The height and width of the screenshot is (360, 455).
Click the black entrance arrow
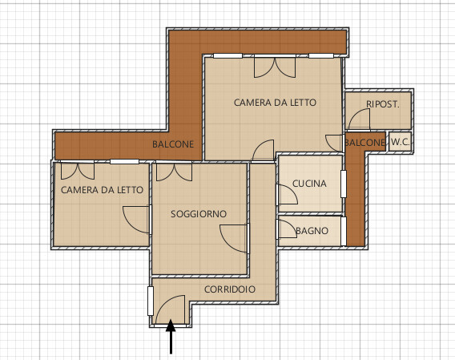point(171,337)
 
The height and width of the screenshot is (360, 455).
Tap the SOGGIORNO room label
point(199,214)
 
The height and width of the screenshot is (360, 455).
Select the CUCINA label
point(309,184)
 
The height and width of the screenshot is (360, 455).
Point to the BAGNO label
point(312,231)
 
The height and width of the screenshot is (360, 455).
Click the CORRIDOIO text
point(230,289)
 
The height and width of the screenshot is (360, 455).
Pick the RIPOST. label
point(383,104)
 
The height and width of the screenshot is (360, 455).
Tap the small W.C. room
point(401,142)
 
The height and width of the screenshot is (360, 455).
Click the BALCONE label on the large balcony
point(173,144)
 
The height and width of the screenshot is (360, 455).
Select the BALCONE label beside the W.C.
point(364,143)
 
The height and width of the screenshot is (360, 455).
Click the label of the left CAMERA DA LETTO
point(103,190)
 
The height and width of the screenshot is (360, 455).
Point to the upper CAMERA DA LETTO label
point(275,103)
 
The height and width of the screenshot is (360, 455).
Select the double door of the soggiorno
point(174,172)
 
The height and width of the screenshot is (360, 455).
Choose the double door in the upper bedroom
point(275,67)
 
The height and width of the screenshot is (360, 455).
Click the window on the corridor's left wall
point(151,301)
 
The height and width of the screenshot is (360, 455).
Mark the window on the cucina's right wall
point(344,184)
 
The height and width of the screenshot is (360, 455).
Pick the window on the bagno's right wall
point(344,231)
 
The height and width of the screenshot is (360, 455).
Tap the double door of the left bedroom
point(78,171)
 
